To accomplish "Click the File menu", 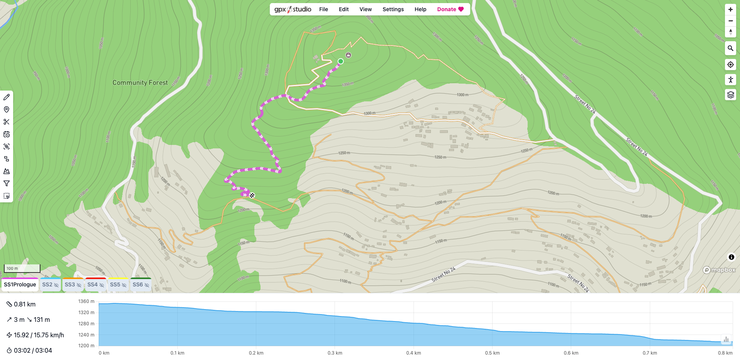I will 323,9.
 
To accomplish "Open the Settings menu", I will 393,9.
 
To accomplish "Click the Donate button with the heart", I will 450,9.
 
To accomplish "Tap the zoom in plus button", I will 730,9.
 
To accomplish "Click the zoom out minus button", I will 730,21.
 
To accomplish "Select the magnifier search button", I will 730,48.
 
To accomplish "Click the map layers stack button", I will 730,95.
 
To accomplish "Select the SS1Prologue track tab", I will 20,285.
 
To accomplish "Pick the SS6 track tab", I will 141,285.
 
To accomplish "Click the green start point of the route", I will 341,61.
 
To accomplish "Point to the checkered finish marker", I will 252,195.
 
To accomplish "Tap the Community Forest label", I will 140,82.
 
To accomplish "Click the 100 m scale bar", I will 22,268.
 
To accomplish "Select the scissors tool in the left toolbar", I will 7,122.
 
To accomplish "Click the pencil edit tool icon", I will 7,97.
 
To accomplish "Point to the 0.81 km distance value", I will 25,304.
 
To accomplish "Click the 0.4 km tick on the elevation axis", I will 414,353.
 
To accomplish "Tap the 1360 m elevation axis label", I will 86,301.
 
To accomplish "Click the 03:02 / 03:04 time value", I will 33,350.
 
